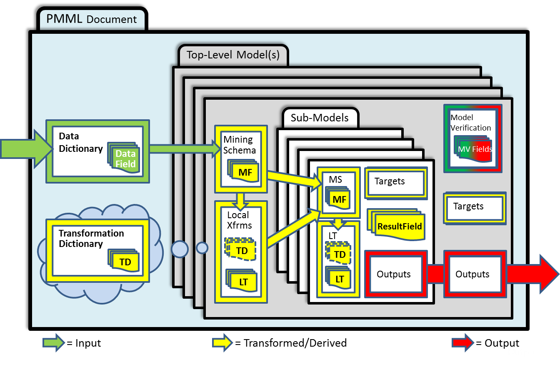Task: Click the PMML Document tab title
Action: click(92, 19)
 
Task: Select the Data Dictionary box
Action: click(97, 151)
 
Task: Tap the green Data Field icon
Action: click(125, 159)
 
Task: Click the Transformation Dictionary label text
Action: click(91, 238)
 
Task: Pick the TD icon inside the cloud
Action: click(125, 262)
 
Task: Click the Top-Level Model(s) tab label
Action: click(232, 55)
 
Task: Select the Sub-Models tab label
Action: click(320, 118)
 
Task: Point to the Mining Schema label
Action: click(240, 145)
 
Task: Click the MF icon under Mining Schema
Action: click(245, 172)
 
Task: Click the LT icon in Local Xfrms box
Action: click(243, 282)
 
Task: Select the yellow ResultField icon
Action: click(399, 227)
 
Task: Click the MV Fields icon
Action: click(474, 149)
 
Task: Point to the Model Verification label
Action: click(471, 123)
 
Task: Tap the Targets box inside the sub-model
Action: click(395, 182)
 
